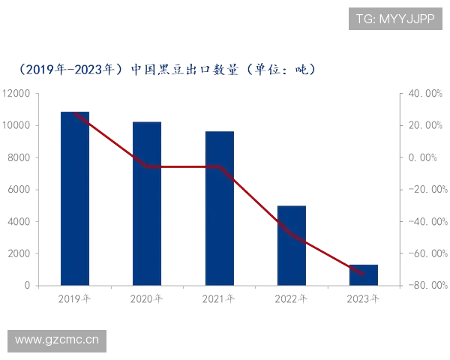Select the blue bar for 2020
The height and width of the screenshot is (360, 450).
(147, 202)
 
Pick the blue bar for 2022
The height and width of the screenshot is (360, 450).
(291, 244)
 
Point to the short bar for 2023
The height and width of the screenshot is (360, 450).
(363, 274)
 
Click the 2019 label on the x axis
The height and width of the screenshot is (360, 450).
(75, 300)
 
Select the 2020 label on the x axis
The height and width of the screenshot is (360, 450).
(147, 300)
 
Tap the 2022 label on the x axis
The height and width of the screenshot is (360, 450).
(291, 300)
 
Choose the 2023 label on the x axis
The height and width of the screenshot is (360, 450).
(363, 300)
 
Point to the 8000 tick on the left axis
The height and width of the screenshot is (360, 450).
(18, 157)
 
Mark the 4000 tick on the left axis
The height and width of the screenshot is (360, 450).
(18, 221)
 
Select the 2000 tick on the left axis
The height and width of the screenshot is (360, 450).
(18, 253)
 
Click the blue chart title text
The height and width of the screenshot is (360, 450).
(169, 70)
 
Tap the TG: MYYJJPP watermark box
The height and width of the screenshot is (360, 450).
(395, 18)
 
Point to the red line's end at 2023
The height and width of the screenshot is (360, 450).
(364, 274)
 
